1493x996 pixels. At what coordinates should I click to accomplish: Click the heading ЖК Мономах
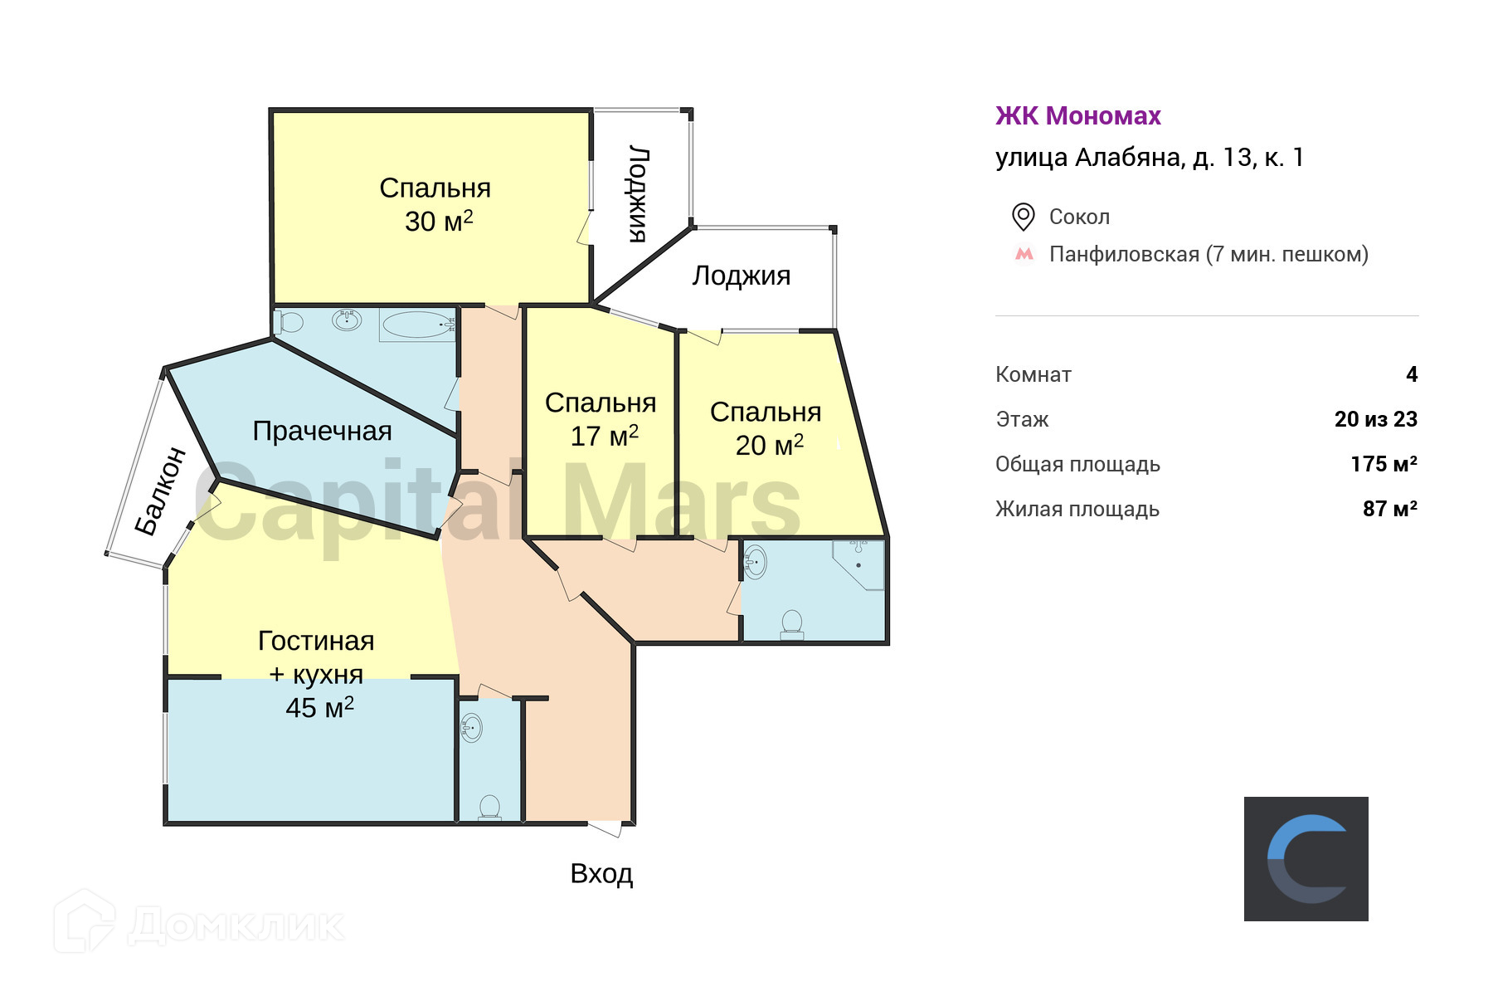tap(1077, 116)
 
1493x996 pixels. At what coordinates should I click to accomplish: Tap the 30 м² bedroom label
tap(435, 205)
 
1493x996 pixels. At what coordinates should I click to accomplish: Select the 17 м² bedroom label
tap(601, 419)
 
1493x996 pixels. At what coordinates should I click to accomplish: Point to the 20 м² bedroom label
tap(766, 428)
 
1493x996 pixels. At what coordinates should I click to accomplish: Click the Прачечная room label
tap(322, 432)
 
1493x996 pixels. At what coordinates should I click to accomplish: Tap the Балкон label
tap(161, 491)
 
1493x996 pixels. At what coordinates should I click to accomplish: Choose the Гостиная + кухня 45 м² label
tap(317, 674)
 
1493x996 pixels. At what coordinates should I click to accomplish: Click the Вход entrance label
tap(601, 874)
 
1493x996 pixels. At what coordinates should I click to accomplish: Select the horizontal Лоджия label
tap(741, 276)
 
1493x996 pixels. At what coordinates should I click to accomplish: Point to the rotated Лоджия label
tap(638, 194)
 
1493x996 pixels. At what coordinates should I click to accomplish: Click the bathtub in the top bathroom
tap(418, 325)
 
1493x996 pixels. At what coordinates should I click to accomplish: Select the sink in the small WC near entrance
tap(471, 728)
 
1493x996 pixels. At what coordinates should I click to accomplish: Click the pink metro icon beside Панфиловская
tap(1024, 254)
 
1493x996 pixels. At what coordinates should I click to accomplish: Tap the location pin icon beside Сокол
tap(1023, 217)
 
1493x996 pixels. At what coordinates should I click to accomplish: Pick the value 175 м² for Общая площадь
tap(1384, 465)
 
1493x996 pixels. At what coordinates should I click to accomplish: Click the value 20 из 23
tap(1375, 420)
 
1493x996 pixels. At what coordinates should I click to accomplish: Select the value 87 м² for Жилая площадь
tap(1389, 510)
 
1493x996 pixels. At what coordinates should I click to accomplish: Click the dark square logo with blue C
tap(1306, 859)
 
